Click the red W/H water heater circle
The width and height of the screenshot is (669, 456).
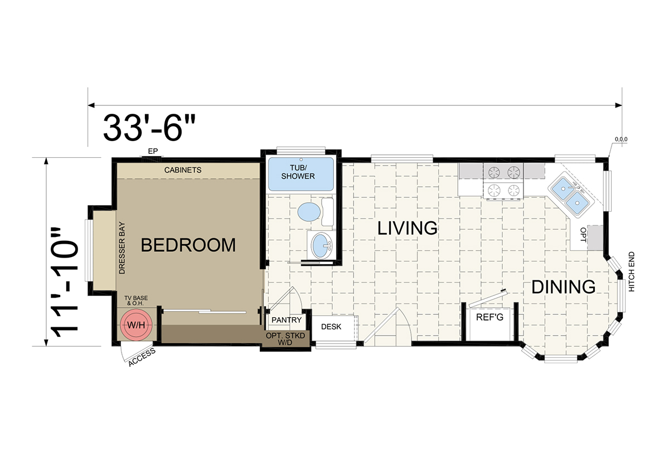136,325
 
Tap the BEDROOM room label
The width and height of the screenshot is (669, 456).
188,245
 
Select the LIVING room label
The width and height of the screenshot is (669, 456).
408,228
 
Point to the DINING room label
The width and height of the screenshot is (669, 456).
564,287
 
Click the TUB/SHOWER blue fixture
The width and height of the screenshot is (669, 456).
300,174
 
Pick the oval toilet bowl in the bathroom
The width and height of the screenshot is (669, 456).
309,212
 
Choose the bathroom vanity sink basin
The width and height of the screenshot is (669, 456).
321,245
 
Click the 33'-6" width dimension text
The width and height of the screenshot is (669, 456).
149,128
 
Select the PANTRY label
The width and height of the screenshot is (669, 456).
287,320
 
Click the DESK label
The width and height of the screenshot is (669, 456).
331,327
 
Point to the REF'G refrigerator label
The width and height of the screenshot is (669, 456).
489,317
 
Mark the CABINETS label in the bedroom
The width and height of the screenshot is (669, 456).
183,170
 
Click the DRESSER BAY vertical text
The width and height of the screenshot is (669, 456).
122,248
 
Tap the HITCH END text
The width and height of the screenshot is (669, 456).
631,271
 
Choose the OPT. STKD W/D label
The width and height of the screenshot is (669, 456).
285,339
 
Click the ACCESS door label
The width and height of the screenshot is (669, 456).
142,357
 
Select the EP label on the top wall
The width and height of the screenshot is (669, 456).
153,151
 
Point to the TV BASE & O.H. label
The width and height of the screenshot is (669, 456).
136,300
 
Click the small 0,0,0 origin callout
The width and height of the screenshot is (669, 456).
621,139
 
